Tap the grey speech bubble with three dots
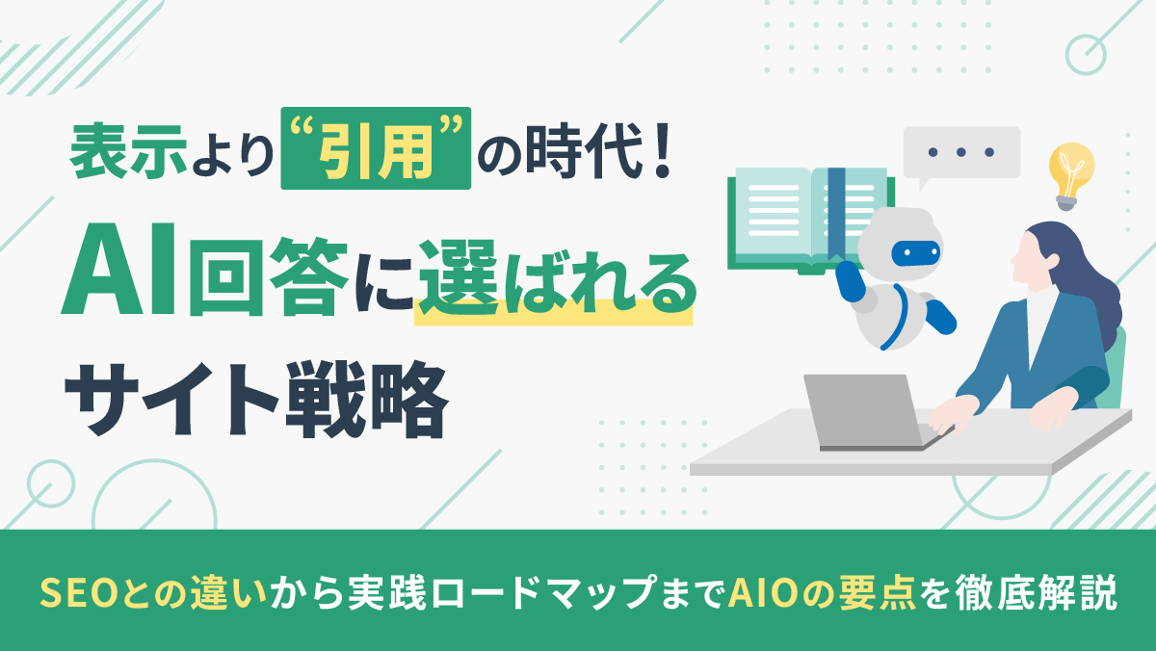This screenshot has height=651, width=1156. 961,153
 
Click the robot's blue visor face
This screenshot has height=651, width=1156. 915,253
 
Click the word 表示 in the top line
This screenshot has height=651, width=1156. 128,151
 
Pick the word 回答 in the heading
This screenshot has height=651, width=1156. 269,276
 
